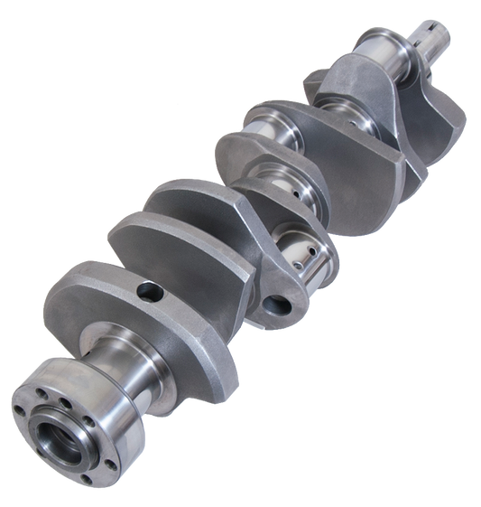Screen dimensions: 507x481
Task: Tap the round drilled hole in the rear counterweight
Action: (146, 293)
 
